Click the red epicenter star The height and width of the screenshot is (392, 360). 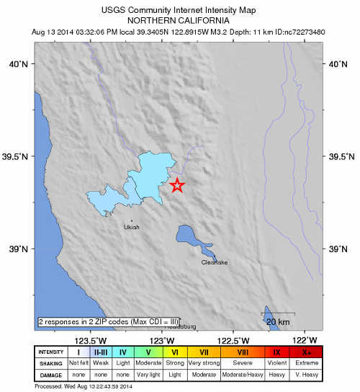click(x=176, y=185)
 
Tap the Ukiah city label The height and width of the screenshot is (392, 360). click(x=131, y=227)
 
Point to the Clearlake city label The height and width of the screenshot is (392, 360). click(x=215, y=263)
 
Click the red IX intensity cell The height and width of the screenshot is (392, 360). click(x=278, y=352)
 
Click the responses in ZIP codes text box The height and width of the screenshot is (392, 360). click(x=108, y=321)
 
